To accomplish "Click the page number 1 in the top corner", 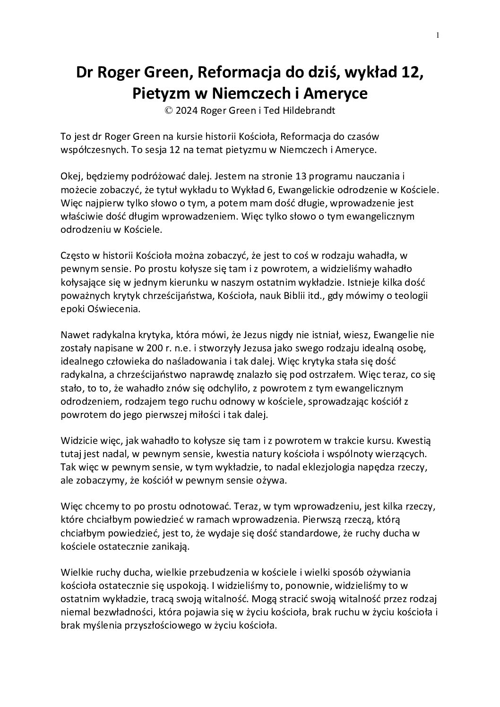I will point(438,34).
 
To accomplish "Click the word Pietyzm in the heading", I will point(161,94).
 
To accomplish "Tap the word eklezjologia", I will point(314,467).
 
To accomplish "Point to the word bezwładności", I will point(114,612).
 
